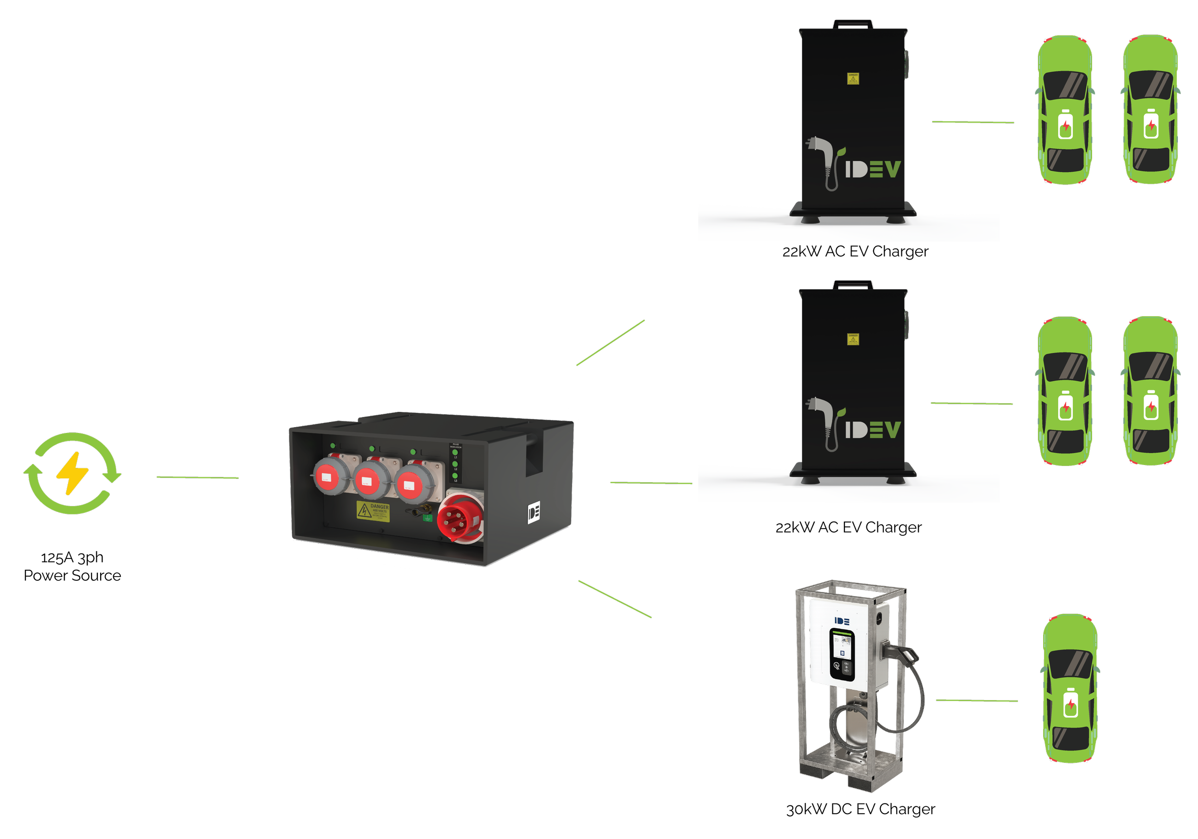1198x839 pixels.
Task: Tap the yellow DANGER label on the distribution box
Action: click(373, 511)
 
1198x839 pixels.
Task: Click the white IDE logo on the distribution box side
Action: click(533, 512)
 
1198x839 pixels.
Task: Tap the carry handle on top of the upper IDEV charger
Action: click(853, 23)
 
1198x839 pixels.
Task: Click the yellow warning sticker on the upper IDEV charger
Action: click(853, 79)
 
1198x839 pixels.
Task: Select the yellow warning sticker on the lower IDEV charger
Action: click(853, 340)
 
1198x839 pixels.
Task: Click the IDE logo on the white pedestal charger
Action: click(842, 621)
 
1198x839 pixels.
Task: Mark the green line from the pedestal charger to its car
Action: click(977, 700)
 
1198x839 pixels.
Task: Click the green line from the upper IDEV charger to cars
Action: click(973, 122)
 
